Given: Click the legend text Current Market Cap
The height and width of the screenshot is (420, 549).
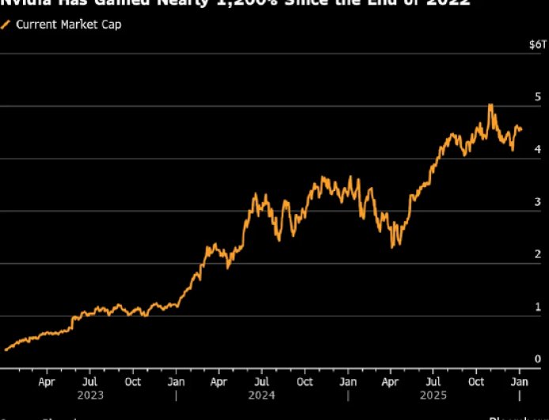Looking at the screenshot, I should point(69,24).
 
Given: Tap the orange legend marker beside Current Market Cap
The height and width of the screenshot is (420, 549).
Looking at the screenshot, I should point(6,24).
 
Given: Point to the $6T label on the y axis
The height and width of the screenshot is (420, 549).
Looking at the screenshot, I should point(536,45).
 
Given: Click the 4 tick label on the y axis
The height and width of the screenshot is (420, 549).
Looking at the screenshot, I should point(537,148).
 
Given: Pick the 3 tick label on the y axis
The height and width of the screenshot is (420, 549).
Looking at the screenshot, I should point(537,201).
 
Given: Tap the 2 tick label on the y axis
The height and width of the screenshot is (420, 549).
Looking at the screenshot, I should point(537,253).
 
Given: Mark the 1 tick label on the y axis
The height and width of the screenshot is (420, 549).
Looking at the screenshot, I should point(537,306).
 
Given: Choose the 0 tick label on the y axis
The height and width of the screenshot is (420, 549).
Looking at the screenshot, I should point(537,358).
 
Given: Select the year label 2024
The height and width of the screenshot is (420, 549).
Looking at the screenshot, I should point(261,394).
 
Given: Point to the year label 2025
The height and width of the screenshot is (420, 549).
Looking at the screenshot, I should point(432,394).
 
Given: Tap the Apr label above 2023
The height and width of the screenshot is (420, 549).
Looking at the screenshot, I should point(47,381).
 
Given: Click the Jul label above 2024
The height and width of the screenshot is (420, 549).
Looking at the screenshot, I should point(261,381).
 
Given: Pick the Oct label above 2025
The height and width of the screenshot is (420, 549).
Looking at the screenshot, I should point(476,381).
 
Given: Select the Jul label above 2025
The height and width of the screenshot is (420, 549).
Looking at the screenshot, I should point(432,381).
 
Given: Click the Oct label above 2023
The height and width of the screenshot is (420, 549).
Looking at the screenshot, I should point(133,381).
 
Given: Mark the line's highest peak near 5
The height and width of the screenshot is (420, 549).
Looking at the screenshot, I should point(490,105).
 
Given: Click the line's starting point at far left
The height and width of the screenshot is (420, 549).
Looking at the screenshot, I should point(6,349).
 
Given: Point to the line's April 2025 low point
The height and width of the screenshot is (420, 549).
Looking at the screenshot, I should point(392,246).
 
